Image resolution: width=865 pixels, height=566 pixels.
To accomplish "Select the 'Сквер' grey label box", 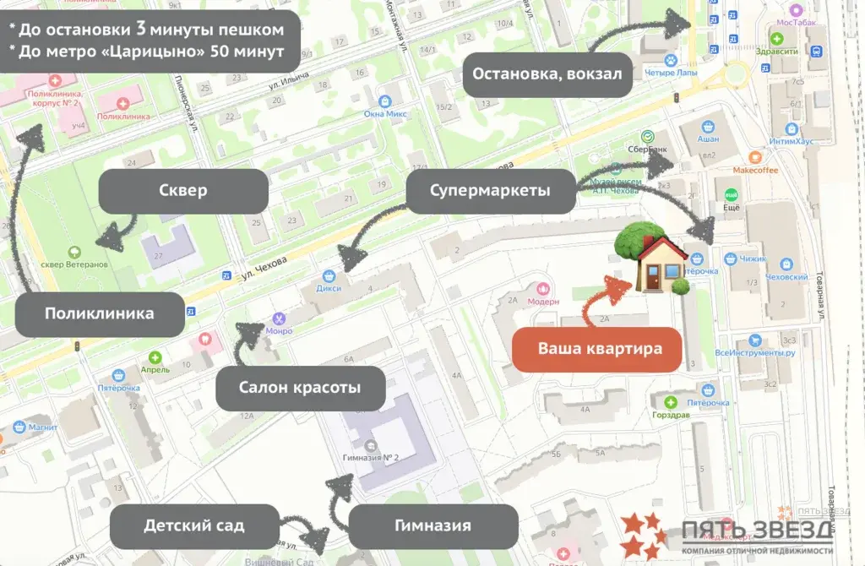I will coord(183,191).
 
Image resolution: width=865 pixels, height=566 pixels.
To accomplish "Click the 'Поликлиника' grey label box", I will coord(100,314).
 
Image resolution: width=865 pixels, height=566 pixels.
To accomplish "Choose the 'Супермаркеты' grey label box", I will coord(490,191).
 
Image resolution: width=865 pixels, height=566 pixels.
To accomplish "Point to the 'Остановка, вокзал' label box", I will coord(547,74).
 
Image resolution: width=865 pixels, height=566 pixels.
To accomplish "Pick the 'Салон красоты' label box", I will coord(300,389).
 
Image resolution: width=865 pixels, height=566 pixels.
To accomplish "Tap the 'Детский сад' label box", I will coord(194,525).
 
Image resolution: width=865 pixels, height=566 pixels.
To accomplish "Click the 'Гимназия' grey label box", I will coord(433,526).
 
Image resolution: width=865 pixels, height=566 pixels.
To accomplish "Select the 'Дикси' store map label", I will coord(330,288).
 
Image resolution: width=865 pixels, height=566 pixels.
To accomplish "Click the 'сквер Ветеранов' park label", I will coord(75,264).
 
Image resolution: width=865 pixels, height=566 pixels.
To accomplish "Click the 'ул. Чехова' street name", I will coord(258,268).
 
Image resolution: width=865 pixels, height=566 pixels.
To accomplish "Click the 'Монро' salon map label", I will coord(279,330).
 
